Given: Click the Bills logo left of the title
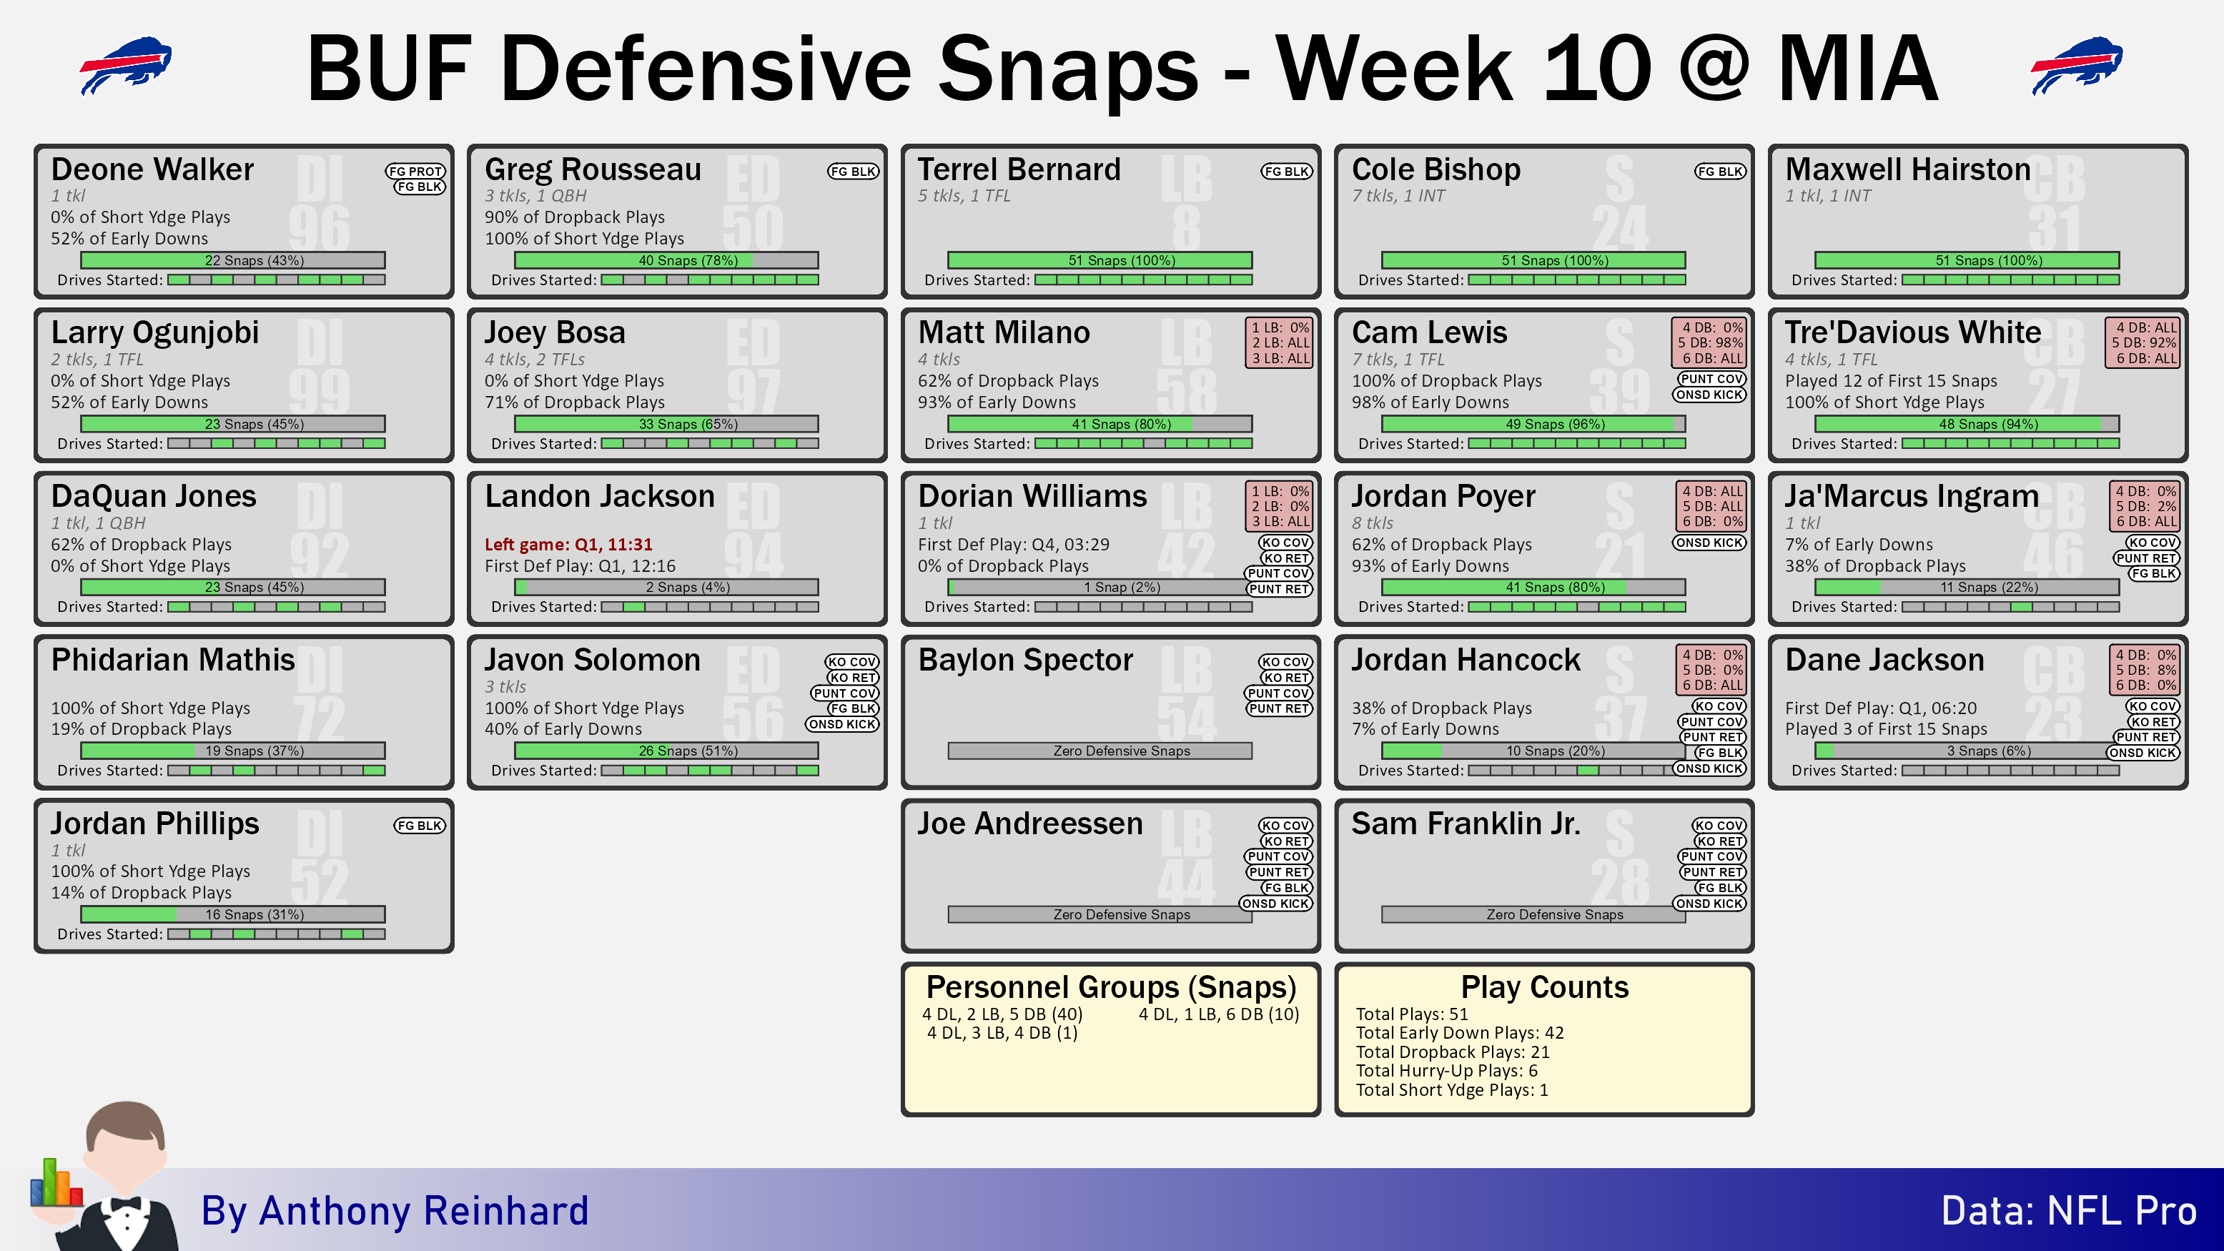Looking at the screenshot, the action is [126, 65].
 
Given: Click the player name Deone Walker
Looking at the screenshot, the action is [152, 169].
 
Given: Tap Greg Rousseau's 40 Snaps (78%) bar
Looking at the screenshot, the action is [666, 260].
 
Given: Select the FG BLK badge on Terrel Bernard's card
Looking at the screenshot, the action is [1286, 171].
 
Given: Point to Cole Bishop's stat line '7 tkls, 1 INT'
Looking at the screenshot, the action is [1398, 196].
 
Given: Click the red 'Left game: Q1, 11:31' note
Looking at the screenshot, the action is [568, 544].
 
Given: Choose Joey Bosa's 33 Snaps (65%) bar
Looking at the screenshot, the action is [666, 424].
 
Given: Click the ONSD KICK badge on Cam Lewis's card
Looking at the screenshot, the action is [1709, 395].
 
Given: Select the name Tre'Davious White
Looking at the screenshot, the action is [1912, 332].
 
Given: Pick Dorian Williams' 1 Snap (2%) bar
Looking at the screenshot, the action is [1100, 587].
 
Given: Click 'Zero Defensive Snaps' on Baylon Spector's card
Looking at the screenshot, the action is [1122, 751].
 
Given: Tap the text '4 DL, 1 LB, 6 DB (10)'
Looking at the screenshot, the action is [1218, 1014].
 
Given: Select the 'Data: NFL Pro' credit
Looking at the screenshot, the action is [2069, 1210].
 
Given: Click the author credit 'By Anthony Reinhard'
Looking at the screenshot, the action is [395, 1210].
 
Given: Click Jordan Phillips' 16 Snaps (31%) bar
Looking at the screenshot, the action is [233, 914].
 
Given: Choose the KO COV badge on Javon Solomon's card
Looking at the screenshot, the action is [851, 662].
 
